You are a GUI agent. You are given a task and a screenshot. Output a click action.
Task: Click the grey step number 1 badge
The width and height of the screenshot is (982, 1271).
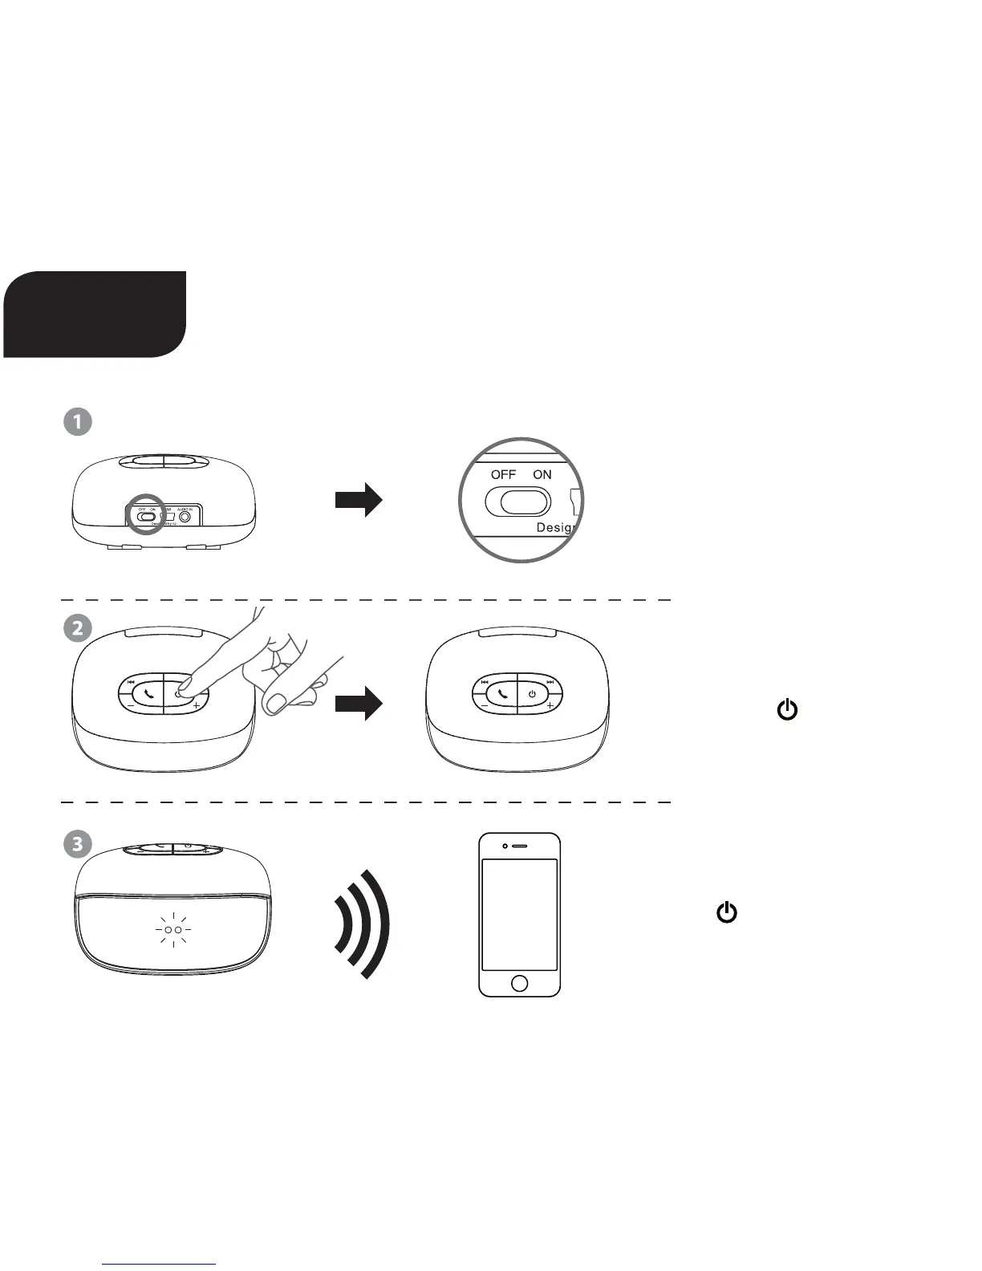(78, 422)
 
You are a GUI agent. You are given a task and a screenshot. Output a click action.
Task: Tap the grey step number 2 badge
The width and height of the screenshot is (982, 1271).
(78, 627)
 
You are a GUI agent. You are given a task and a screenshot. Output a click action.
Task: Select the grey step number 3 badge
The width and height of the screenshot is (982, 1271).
(78, 843)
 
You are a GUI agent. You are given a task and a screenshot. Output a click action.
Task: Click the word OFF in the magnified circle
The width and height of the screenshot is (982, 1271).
(503, 474)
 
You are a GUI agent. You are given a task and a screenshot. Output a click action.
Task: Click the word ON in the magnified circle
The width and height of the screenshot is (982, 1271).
(542, 474)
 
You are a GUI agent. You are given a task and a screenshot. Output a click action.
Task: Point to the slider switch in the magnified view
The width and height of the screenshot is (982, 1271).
(518, 502)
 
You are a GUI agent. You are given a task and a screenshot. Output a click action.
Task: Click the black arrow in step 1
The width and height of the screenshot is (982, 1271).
(359, 500)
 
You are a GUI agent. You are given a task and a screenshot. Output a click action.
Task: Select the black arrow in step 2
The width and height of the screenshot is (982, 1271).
(359, 703)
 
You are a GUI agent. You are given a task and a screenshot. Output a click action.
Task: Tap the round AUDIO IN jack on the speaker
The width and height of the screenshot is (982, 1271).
(187, 517)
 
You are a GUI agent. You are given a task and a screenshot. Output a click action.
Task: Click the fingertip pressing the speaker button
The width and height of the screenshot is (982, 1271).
(184, 686)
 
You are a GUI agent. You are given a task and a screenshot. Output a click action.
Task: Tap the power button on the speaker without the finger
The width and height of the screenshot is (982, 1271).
(532, 693)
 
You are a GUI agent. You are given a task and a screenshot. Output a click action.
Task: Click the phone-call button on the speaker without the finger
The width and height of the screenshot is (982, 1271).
(503, 693)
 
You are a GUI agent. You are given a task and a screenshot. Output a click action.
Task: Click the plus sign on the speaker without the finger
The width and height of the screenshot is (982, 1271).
(550, 706)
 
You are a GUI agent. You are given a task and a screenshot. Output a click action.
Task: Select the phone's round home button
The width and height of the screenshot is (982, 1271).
(519, 983)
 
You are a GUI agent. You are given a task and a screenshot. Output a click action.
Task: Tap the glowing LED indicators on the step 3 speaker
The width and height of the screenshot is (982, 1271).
(172, 930)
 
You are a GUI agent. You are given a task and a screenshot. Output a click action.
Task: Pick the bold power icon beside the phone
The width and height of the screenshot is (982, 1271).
(727, 912)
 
